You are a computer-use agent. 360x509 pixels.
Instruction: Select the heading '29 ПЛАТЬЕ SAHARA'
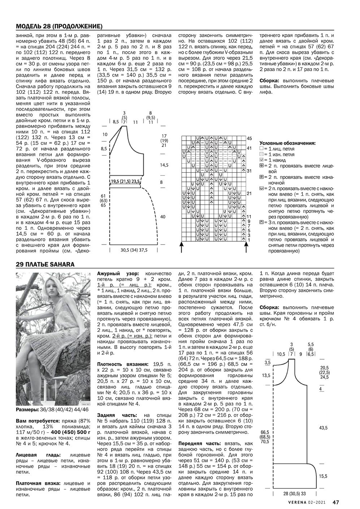coord(45,264)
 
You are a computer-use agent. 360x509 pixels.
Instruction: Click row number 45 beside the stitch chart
coord(249,139)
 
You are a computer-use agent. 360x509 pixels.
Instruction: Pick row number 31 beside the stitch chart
coord(249,171)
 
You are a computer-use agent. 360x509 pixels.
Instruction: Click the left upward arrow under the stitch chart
coord(182,247)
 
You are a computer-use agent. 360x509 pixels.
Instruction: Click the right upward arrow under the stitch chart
coord(247,247)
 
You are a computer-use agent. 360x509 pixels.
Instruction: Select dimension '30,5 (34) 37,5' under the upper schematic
coord(134,250)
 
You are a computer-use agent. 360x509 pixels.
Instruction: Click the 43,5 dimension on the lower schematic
coord(323,428)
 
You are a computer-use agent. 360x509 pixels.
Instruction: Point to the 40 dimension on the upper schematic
coord(162,217)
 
